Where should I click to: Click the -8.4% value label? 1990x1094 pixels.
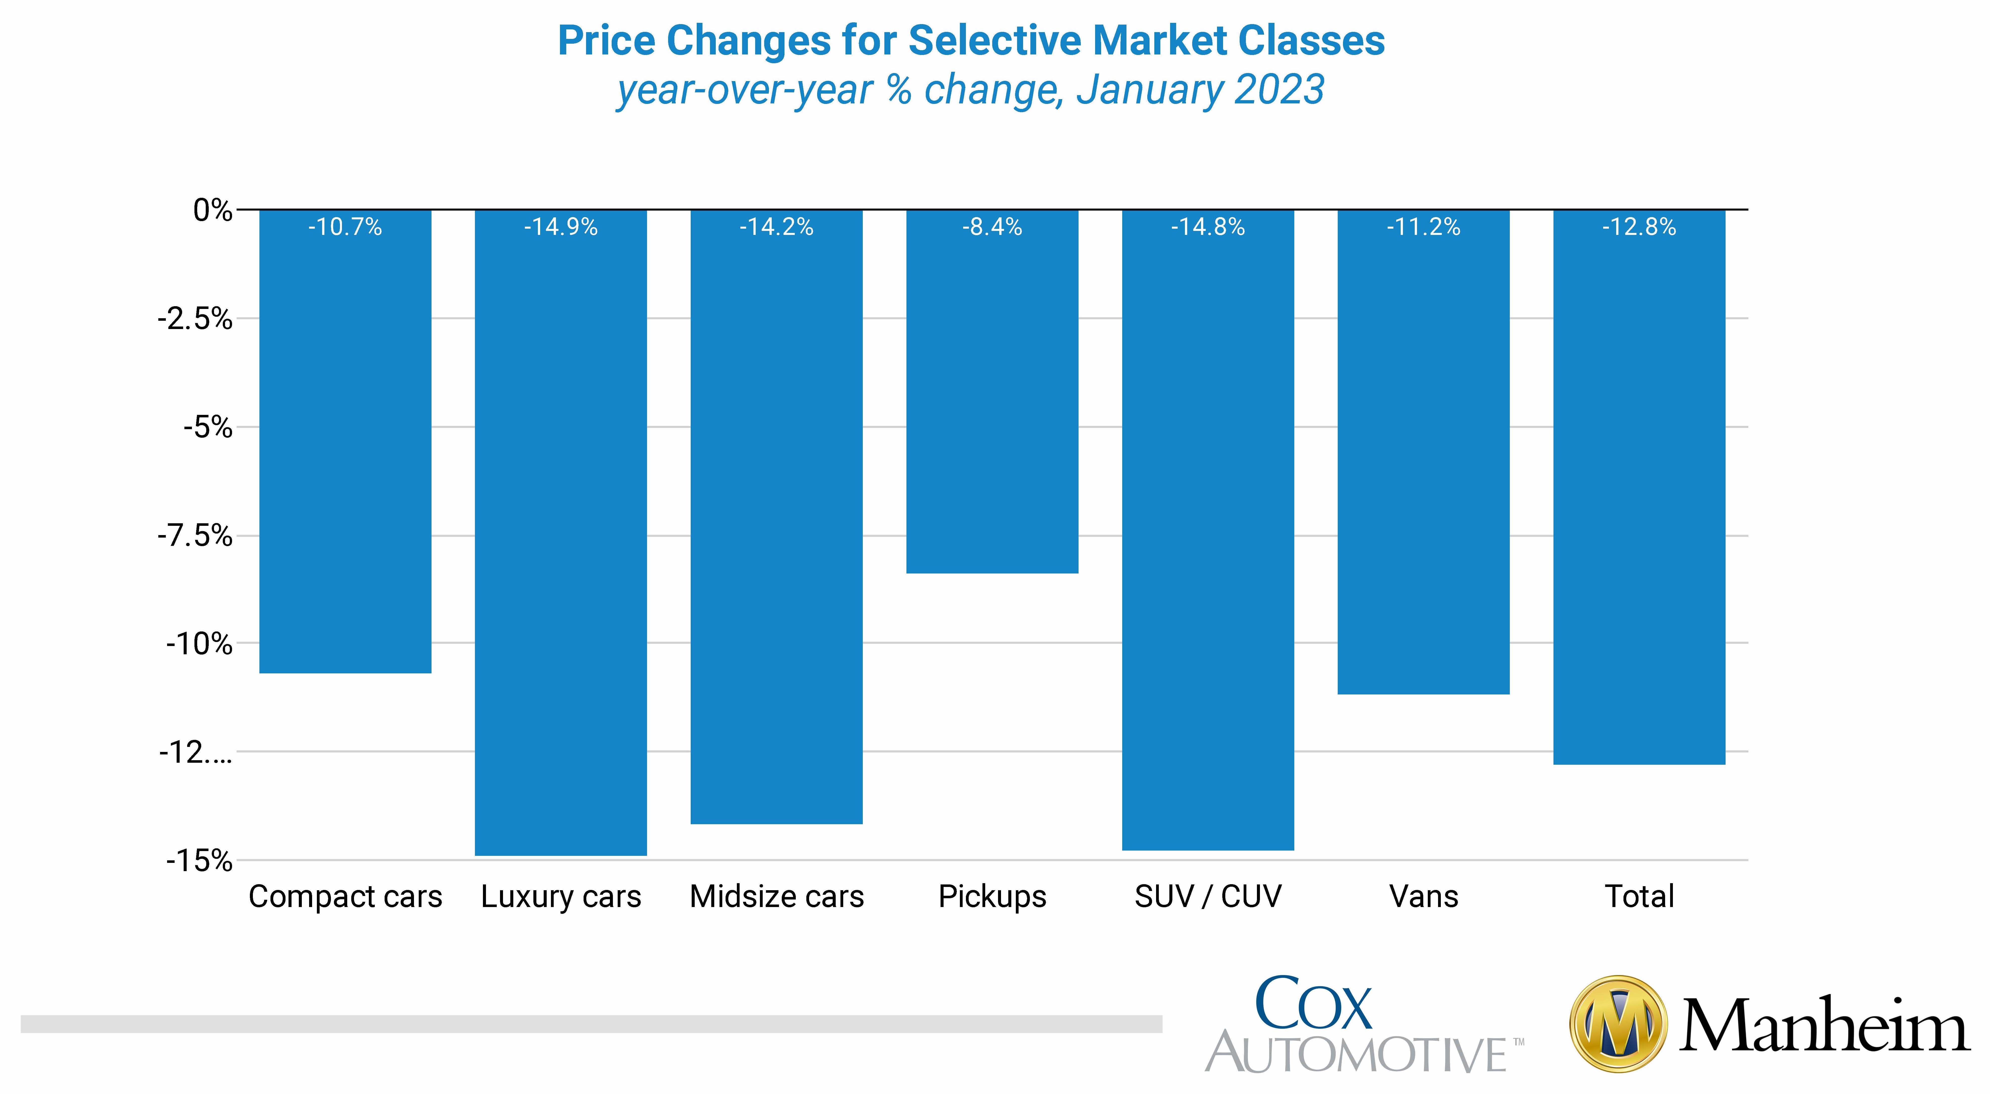click(992, 227)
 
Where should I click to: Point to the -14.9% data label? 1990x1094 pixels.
click(561, 227)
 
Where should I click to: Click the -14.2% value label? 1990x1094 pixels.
click(776, 227)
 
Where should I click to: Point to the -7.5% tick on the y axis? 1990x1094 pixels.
click(195, 535)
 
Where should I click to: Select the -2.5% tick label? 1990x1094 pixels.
click(195, 318)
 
